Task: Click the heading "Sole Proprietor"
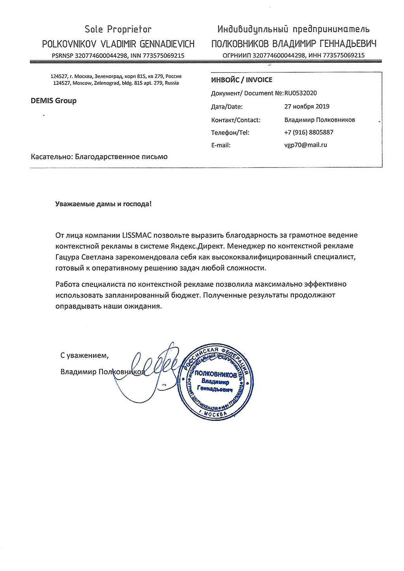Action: [118, 29]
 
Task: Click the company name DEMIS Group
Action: [54, 101]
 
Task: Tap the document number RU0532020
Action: [300, 93]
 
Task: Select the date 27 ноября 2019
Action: [307, 106]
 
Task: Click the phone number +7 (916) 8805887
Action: [309, 132]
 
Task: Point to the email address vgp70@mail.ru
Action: [305, 145]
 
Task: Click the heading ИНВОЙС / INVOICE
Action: [241, 80]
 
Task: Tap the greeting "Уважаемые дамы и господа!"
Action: [103, 204]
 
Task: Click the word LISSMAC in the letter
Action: [137, 235]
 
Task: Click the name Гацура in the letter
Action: [69, 257]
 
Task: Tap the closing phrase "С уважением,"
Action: [84, 355]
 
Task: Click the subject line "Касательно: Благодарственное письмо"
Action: [99, 157]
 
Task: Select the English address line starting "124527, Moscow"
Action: [116, 83]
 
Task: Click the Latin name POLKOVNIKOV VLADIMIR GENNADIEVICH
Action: [118, 43]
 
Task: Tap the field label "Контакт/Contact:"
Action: [236, 120]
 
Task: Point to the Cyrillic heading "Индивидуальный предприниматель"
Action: [293, 29]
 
